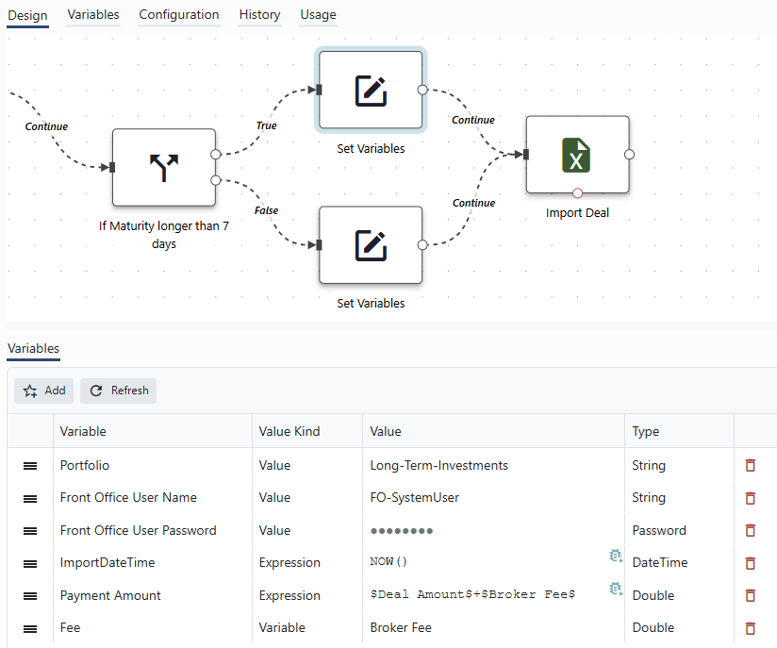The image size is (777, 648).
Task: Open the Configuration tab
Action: [x=179, y=15]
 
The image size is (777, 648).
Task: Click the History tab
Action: [x=259, y=15]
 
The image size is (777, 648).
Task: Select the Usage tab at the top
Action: [x=318, y=15]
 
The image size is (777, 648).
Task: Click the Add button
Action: [x=43, y=390]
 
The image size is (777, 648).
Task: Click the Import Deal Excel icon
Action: [x=576, y=155]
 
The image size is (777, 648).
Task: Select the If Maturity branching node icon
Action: [x=164, y=167]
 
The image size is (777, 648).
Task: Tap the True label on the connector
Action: [x=266, y=125]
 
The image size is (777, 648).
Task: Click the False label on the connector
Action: [x=266, y=210]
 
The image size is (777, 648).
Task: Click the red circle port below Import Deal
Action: [x=577, y=192]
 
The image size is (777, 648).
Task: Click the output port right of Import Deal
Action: [x=629, y=154]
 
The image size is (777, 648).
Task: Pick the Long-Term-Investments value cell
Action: [x=439, y=465]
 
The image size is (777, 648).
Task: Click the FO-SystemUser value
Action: [x=414, y=497]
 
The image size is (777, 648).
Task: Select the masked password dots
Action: [x=402, y=531]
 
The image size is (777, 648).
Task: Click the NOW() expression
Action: [x=388, y=561]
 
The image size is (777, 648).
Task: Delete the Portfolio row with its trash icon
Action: [x=751, y=465]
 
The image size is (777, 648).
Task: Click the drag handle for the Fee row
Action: [x=30, y=629]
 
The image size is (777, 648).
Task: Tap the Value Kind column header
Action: [x=289, y=431]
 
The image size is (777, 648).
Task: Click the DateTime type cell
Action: [x=659, y=562]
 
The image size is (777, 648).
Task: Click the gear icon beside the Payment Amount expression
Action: [x=616, y=589]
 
